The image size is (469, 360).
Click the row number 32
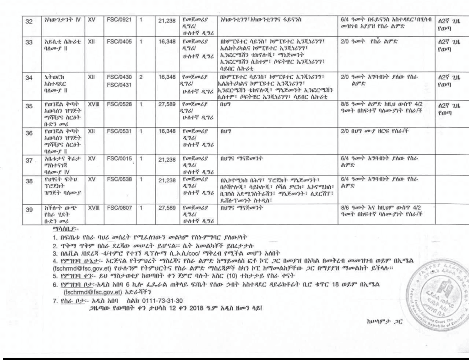[29, 22]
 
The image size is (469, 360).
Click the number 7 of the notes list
[55, 301]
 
